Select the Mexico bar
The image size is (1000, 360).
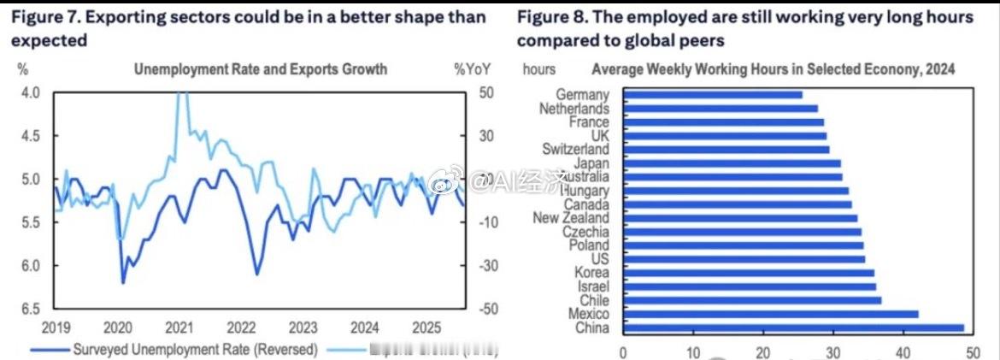[770, 314]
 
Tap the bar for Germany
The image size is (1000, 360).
[712, 95]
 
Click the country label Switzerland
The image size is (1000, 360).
[575, 150]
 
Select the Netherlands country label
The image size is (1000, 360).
[574, 109]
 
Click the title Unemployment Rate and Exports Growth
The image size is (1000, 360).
[260, 69]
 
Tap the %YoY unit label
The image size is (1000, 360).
[471, 69]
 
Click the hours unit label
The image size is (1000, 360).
[538, 69]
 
